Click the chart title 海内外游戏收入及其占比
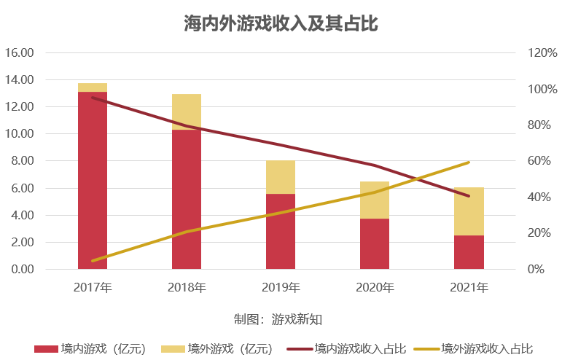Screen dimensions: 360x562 281,23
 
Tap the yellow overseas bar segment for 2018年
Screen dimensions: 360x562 187,111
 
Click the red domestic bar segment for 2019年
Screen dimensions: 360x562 281,231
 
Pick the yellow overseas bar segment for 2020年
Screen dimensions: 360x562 375,200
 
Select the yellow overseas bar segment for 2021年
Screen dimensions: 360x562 469,211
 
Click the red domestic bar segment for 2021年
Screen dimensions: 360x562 469,252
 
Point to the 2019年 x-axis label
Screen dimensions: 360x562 281,288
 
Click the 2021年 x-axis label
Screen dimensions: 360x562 469,288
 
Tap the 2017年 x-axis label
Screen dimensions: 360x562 93,288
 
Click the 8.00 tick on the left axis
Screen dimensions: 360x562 23,161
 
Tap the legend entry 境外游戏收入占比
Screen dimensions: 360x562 486,348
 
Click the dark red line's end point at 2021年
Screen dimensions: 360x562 469,195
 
